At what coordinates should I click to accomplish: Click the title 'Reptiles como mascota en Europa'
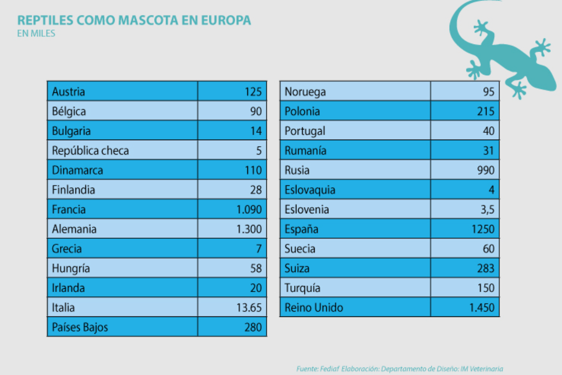pyautogui.click(x=134, y=20)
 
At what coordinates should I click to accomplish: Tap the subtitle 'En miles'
pyautogui.click(x=36, y=33)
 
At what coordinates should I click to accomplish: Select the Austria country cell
pyautogui.click(x=68, y=91)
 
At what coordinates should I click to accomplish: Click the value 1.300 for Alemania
pyautogui.click(x=249, y=229)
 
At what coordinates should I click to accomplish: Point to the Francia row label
pyautogui.click(x=69, y=210)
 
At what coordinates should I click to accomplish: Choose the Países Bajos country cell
pyautogui.click(x=80, y=327)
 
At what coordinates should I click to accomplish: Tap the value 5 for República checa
pyautogui.click(x=259, y=151)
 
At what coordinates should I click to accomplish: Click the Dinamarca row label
pyautogui.click(x=77, y=170)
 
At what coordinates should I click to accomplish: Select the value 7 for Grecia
pyautogui.click(x=259, y=249)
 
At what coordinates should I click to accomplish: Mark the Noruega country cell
pyautogui.click(x=305, y=92)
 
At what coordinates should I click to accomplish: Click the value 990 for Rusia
pyautogui.click(x=486, y=170)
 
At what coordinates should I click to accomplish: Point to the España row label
pyautogui.click(x=301, y=229)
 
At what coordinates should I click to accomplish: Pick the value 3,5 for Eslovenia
pyautogui.click(x=488, y=210)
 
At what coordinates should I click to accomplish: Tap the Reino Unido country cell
pyautogui.click(x=314, y=308)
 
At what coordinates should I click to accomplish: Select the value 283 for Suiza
pyautogui.click(x=486, y=269)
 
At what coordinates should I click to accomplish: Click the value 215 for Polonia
pyautogui.click(x=486, y=112)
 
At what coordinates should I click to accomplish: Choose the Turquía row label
pyautogui.click(x=303, y=288)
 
